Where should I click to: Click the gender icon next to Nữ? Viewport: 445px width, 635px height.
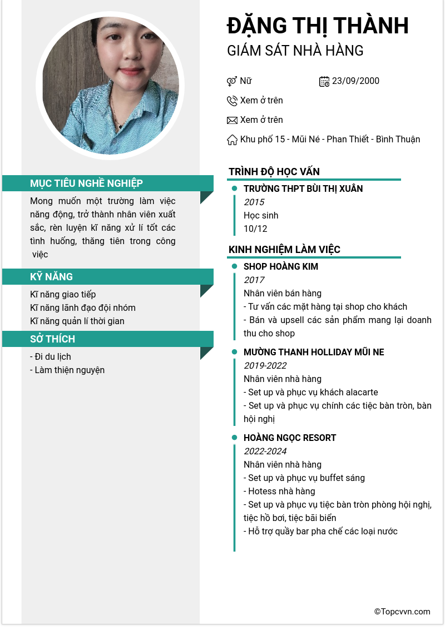(x=232, y=81)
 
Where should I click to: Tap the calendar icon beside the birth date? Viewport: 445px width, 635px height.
(x=324, y=81)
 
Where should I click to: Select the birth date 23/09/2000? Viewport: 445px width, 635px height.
(x=355, y=81)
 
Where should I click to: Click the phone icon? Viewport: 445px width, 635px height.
(x=232, y=101)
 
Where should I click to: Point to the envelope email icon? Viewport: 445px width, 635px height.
(x=232, y=120)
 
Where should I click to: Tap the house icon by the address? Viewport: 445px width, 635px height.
(x=232, y=140)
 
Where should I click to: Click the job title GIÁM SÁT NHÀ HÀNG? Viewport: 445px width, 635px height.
(x=295, y=51)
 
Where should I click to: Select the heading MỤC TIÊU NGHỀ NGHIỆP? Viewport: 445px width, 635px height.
(x=86, y=183)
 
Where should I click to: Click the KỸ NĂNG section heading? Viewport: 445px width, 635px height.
(x=51, y=277)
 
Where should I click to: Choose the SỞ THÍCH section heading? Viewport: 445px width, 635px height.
(x=52, y=339)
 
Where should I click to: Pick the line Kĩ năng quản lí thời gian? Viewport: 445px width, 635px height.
(x=77, y=321)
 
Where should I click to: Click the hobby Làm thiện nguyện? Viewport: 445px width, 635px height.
(x=67, y=370)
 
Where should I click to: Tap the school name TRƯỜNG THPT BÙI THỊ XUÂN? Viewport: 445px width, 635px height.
(x=303, y=189)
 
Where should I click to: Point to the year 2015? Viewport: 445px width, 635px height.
(x=254, y=202)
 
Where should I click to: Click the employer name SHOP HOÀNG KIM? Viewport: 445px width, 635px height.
(x=281, y=267)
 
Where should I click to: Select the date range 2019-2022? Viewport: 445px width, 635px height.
(x=265, y=366)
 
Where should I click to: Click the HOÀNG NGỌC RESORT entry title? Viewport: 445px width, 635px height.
(x=290, y=438)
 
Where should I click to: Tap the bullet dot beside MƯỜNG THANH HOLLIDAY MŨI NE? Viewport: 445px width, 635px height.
(x=235, y=353)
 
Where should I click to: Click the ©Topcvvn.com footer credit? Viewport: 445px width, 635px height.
(x=402, y=612)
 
